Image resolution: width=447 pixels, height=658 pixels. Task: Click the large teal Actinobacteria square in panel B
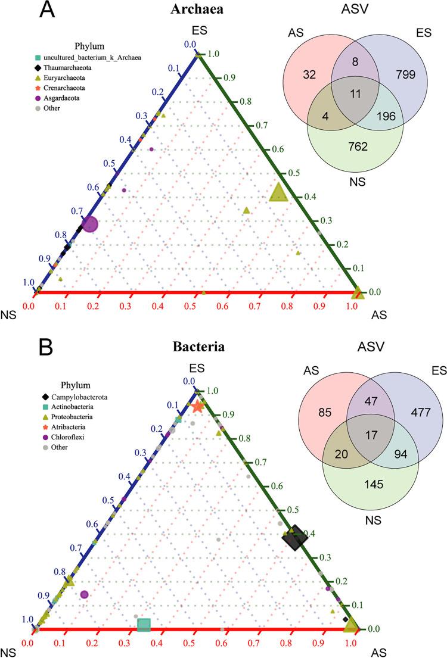pyautogui.click(x=144, y=624)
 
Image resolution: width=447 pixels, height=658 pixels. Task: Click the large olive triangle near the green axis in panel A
pyautogui.click(x=277, y=192)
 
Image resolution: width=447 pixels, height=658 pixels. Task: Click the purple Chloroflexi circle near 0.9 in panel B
pyautogui.click(x=84, y=594)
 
